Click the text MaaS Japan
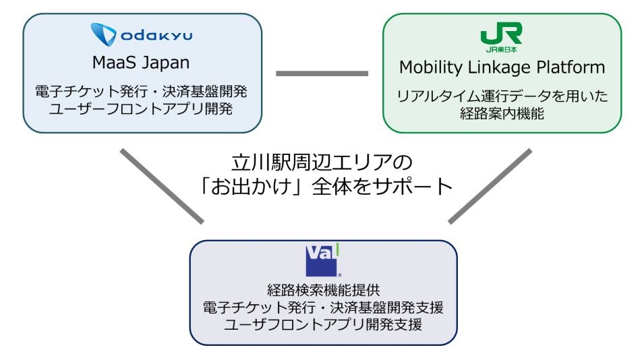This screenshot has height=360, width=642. click(x=141, y=64)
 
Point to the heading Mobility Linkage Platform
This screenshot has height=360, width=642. click(x=502, y=67)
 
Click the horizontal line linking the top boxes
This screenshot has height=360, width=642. click(x=322, y=73)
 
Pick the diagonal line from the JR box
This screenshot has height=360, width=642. click(x=490, y=185)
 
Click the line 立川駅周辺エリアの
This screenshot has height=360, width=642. click(x=321, y=162)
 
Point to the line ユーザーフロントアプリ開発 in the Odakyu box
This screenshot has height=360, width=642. click(x=141, y=108)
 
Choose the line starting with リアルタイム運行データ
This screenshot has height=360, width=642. click(x=502, y=96)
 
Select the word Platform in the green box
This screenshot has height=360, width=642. click(x=574, y=67)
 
